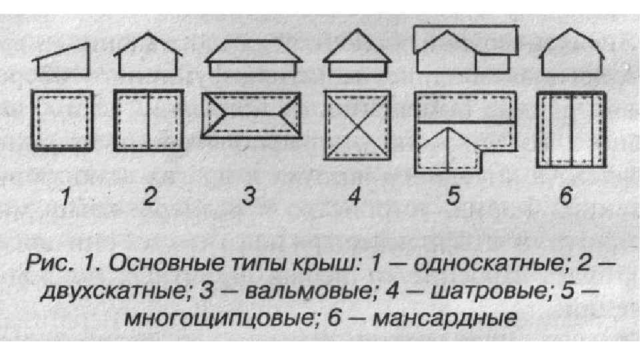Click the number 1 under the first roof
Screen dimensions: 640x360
click(x=65, y=198)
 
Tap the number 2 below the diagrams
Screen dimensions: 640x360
click(x=149, y=198)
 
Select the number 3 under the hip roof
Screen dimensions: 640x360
click(x=248, y=198)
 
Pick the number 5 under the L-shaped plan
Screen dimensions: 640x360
click(x=453, y=198)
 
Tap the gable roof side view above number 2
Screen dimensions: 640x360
click(x=147, y=57)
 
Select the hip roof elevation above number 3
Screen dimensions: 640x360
click(x=251, y=57)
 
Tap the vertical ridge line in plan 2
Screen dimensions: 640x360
click(x=148, y=121)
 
